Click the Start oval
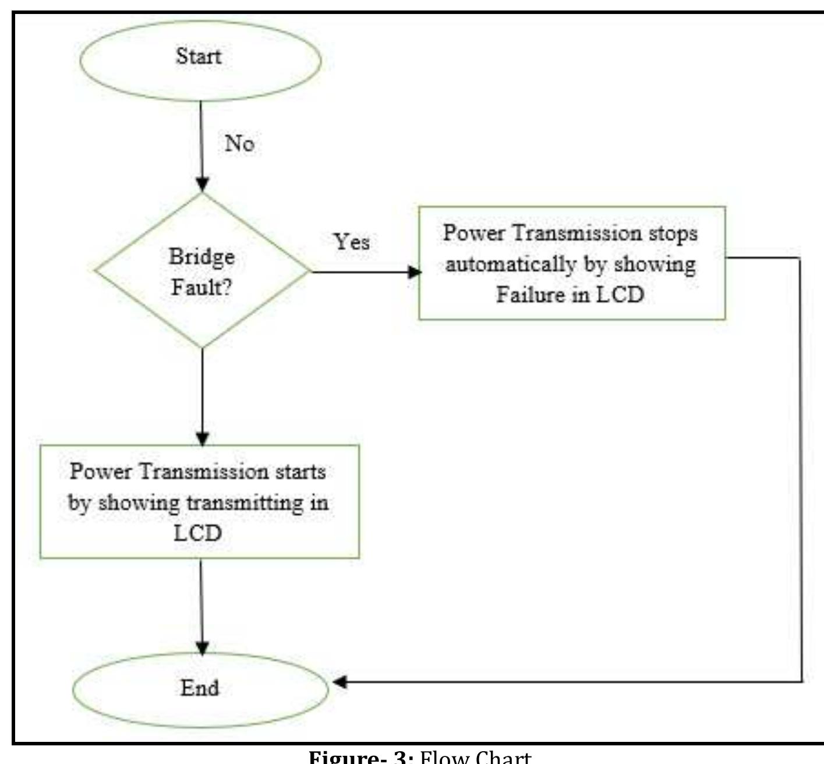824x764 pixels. tap(200, 60)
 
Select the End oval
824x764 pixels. tap(200, 689)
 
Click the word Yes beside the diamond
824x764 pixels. tap(352, 242)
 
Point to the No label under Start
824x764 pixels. tap(239, 143)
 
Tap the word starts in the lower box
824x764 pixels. tap(300, 471)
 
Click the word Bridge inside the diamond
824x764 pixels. tap(201, 256)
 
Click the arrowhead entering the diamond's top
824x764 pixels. tap(201, 184)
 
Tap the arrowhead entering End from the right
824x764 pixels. tap(339, 682)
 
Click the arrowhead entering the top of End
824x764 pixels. tap(201, 648)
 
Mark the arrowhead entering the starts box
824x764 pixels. tap(201, 438)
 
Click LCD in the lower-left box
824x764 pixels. tap(197, 533)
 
